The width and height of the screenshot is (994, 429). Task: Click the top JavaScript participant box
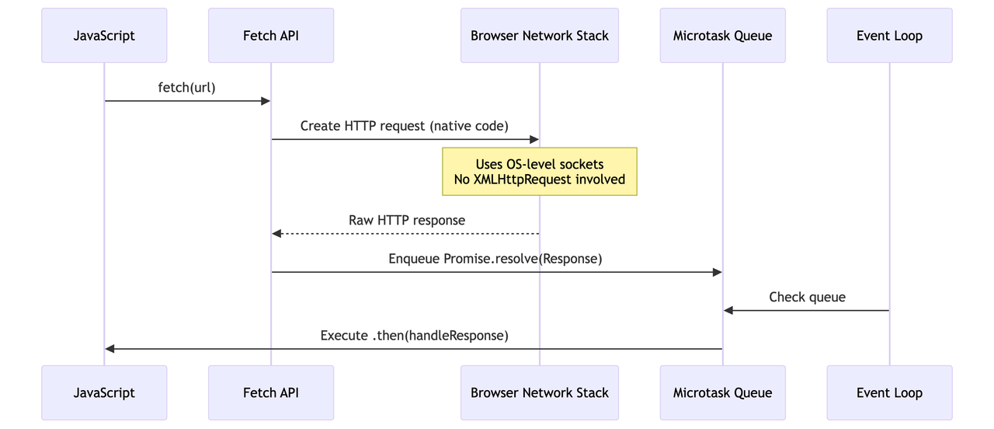[x=104, y=36]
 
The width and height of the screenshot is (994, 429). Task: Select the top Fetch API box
[x=271, y=36]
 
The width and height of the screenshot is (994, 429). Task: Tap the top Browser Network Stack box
[x=540, y=36]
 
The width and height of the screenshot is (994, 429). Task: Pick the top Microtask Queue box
[x=723, y=36]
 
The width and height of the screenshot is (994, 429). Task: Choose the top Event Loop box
[x=890, y=36]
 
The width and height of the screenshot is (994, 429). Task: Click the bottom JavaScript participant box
[x=104, y=392]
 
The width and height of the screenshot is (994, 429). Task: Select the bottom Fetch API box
[x=271, y=392]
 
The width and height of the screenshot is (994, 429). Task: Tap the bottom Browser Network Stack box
[x=540, y=392]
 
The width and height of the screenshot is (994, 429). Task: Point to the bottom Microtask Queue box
[x=723, y=392]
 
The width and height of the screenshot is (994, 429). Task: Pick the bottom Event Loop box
[x=890, y=392]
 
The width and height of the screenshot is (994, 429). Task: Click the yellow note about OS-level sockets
[x=540, y=172]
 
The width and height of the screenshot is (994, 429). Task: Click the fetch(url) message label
[x=187, y=88]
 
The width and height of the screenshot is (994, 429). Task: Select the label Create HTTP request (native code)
[x=405, y=126]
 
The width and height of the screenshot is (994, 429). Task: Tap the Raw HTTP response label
[x=407, y=220]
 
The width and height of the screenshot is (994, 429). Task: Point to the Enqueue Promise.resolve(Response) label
[x=495, y=259]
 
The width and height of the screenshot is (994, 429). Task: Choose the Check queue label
[x=807, y=297]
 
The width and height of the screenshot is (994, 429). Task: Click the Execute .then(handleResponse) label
[x=415, y=336]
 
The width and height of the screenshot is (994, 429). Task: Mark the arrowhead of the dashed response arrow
[x=276, y=234]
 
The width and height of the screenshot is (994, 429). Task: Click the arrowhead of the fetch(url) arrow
[x=266, y=101]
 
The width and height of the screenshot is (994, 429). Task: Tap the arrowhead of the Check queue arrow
[x=728, y=310]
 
